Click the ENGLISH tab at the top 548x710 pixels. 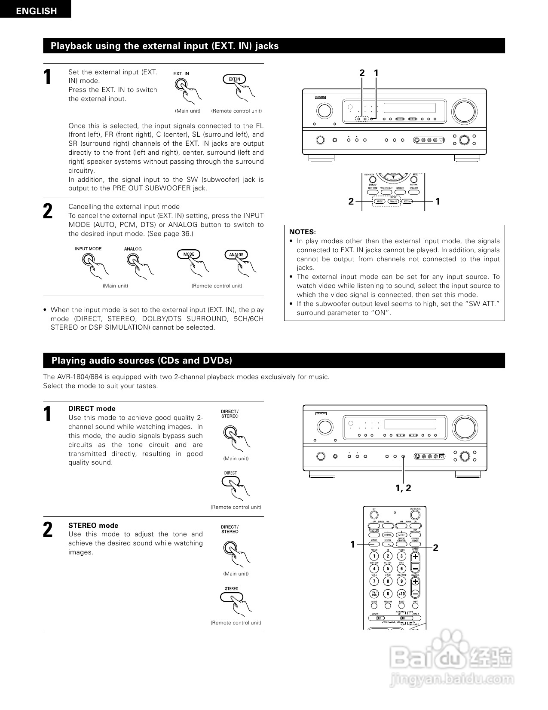point(36,11)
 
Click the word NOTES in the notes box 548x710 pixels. point(302,232)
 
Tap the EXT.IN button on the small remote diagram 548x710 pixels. point(407,201)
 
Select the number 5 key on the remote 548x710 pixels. point(388,569)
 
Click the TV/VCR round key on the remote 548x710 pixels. point(374,594)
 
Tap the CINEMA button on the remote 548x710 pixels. point(388,535)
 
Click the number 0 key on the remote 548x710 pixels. point(388,594)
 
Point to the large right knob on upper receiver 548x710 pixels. point(464,110)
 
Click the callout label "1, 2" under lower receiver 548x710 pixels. point(403,488)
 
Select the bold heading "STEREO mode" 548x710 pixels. point(93,525)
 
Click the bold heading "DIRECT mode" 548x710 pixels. point(92,408)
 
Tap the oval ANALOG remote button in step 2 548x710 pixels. point(236,254)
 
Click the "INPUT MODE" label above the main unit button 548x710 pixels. point(88,248)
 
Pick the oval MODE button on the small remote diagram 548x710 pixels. point(379,201)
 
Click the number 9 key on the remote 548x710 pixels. point(401,581)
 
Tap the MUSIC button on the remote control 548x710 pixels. point(402,535)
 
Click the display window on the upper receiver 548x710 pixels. point(409,107)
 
